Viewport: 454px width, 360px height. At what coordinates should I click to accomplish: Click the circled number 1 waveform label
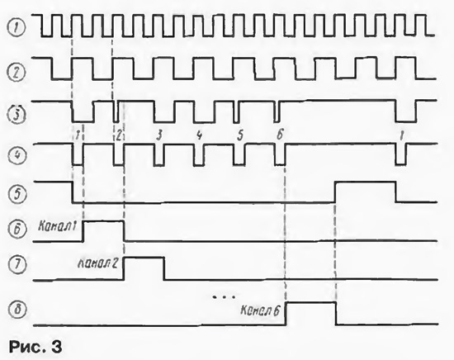tap(17, 28)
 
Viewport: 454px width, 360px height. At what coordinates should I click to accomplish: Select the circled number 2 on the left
tap(17, 73)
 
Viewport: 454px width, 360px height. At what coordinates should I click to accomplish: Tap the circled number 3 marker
tap(17, 115)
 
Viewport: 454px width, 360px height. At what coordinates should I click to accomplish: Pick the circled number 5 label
tap(17, 193)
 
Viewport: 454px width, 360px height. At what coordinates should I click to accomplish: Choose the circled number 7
tap(17, 265)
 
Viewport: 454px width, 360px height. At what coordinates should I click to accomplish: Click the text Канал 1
tap(57, 226)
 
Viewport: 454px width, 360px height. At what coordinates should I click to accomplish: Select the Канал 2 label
tap(97, 263)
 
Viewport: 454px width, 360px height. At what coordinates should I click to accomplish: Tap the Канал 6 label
tap(260, 310)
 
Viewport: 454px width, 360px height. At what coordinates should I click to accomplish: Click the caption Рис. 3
tap(35, 347)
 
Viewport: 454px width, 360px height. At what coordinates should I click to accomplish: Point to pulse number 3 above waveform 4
tap(159, 135)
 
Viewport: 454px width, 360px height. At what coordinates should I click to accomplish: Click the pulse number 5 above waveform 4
tap(239, 135)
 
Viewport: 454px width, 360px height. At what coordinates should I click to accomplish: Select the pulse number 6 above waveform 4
tap(280, 135)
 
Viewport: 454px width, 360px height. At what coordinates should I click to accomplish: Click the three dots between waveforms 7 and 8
tap(224, 296)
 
